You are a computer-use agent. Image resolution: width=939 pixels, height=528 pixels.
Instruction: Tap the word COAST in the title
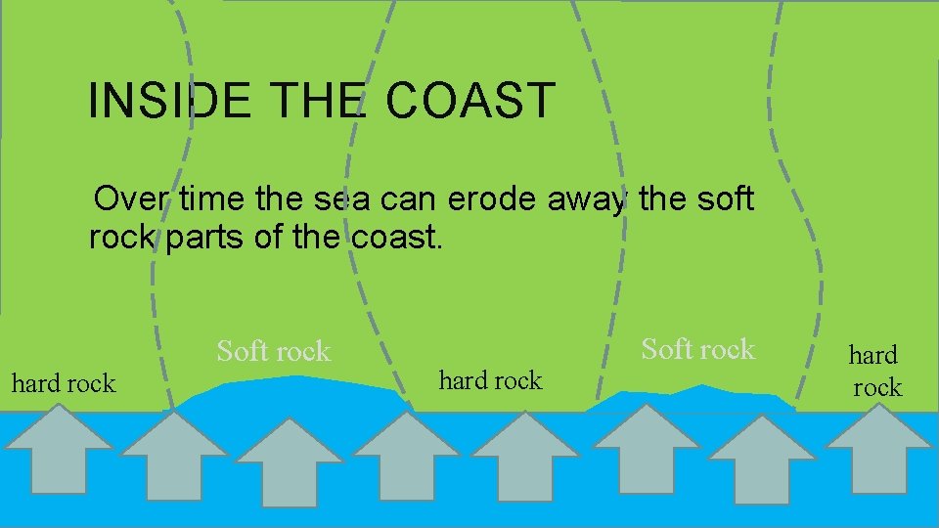(470, 101)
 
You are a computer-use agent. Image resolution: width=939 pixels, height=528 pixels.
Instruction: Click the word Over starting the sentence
(130, 199)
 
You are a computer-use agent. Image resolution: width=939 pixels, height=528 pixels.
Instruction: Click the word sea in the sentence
(336, 199)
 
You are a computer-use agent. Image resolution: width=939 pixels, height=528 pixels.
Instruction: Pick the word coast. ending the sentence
(392, 237)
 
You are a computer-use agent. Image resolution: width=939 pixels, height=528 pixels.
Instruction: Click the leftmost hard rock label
(63, 383)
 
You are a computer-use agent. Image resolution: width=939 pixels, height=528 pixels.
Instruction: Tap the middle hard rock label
(490, 380)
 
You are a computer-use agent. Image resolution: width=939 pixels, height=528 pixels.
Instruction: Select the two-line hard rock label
(874, 371)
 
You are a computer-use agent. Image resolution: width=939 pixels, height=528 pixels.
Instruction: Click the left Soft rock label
(274, 351)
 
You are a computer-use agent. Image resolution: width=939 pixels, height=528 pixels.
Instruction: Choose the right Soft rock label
(697, 348)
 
